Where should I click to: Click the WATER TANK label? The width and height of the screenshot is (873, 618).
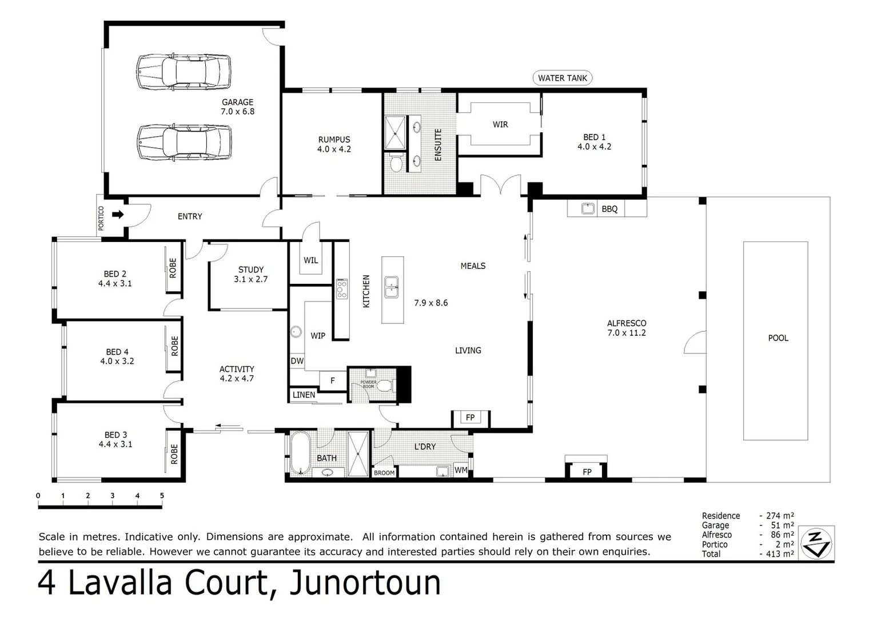tap(562, 78)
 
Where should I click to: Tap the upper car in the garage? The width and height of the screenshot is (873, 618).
tap(184, 72)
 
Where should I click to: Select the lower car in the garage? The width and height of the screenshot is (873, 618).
tap(184, 142)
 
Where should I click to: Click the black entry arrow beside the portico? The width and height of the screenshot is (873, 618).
tap(118, 215)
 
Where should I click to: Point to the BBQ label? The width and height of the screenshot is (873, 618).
tap(609, 209)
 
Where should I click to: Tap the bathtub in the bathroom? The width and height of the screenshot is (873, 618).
tap(299, 454)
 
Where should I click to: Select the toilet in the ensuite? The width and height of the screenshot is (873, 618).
tap(395, 164)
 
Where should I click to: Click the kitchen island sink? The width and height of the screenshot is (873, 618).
tap(392, 286)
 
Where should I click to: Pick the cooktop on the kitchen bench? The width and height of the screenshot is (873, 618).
tap(342, 289)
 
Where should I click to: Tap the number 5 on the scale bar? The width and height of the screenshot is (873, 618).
tap(162, 496)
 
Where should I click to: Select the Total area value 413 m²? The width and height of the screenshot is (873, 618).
tap(780, 554)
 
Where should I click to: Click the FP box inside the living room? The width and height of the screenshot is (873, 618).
tap(470, 418)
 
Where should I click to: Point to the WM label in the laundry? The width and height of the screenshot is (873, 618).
tap(461, 470)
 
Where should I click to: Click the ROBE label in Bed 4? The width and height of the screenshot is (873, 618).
tap(174, 346)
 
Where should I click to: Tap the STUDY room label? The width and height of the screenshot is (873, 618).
tap(251, 270)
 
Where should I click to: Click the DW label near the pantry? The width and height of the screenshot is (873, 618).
tap(297, 361)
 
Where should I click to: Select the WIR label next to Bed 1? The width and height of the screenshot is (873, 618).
tap(500, 124)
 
